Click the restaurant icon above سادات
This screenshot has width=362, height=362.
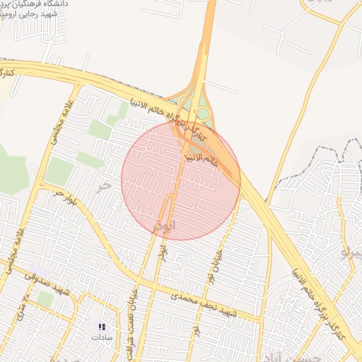point(101,327)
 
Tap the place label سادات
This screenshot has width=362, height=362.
point(101,337)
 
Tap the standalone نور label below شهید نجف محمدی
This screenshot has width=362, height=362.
point(196,329)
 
